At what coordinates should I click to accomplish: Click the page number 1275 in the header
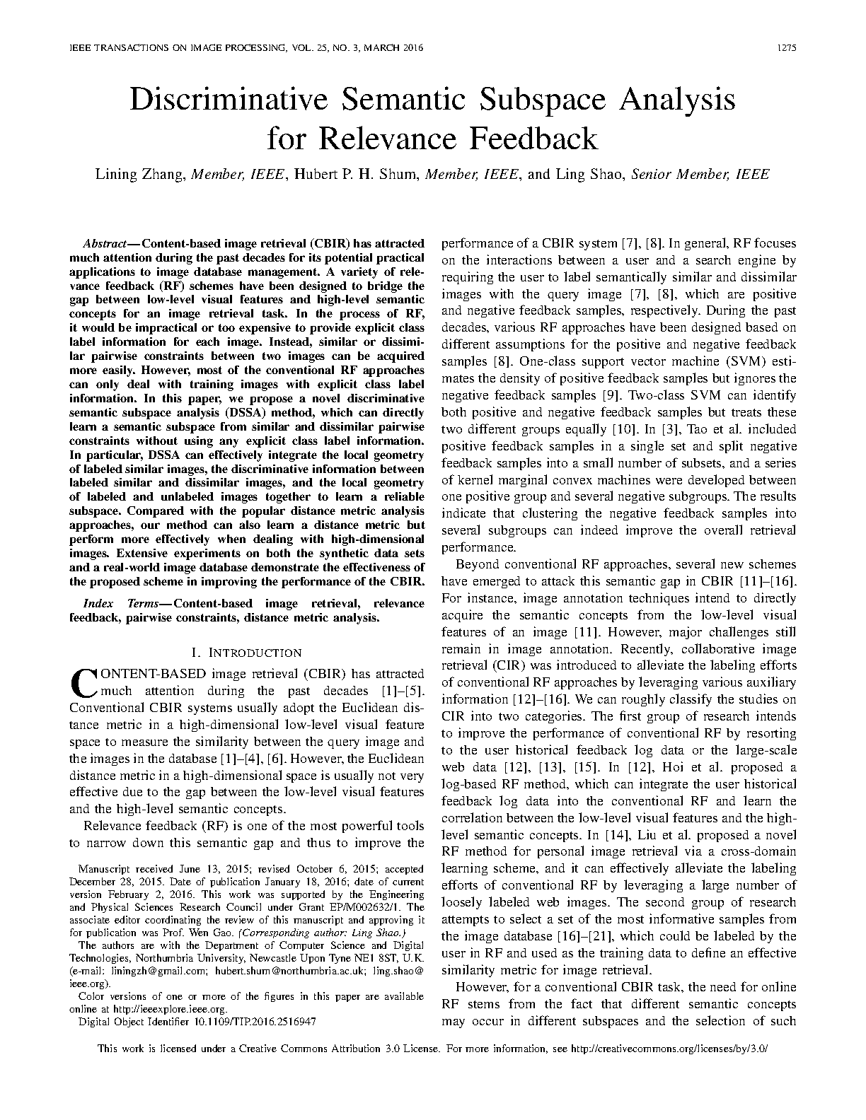point(786,49)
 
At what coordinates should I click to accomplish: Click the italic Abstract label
point(103,243)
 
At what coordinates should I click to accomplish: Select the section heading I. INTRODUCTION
point(246,653)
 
